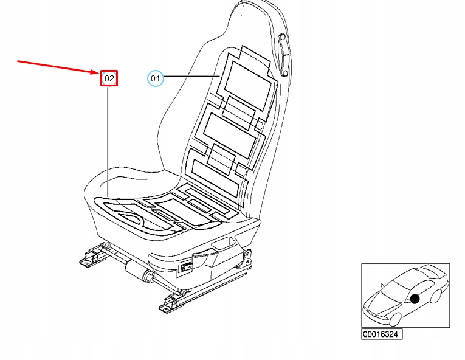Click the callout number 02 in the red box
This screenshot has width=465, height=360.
(109, 78)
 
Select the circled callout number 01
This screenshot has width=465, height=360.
(156, 78)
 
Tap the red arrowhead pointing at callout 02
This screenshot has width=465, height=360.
(97, 72)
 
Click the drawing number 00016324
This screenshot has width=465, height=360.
(382, 334)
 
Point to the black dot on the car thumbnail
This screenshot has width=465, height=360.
(415, 299)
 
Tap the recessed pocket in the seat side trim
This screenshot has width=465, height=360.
(223, 244)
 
